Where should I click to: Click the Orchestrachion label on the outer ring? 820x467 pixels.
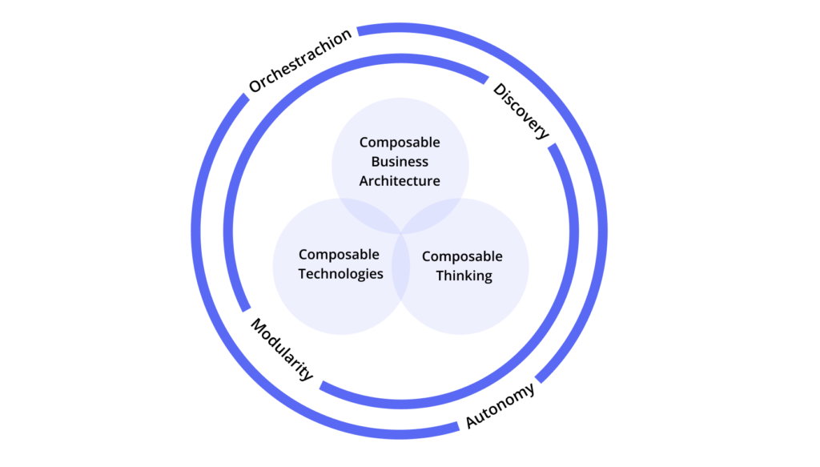(299, 62)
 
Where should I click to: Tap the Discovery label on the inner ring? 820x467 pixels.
(521, 111)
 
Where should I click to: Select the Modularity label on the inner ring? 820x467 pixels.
(282, 349)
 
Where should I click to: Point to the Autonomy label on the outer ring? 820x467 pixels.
(500, 406)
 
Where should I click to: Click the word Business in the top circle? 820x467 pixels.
(400, 162)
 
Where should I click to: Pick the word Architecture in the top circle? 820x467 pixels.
(400, 181)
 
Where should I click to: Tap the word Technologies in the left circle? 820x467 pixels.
(341, 274)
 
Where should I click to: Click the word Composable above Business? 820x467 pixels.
(400, 143)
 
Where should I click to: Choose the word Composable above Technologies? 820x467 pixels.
(339, 255)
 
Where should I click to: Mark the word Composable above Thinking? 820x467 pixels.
(462, 257)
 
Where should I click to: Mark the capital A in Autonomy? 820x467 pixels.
(472, 422)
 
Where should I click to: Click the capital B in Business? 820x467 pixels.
(376, 162)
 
